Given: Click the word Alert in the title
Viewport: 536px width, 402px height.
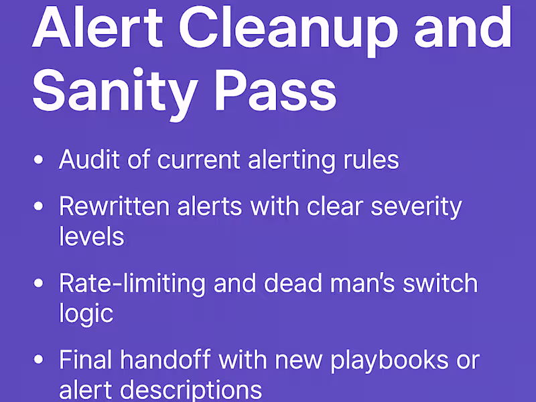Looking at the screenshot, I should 95,28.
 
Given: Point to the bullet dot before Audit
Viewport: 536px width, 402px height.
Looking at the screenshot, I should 40,161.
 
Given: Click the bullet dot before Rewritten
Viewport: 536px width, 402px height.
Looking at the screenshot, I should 40,207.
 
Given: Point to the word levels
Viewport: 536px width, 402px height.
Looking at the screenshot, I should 91,237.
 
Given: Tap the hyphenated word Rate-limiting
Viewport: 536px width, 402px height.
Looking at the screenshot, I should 131,283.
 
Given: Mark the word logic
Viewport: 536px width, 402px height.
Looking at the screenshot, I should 84,313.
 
